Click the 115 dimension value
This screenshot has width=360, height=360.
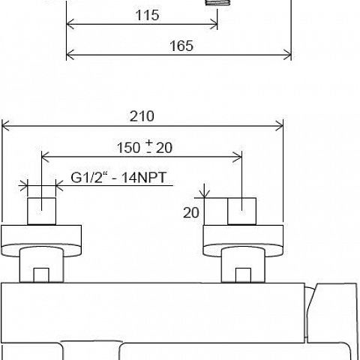click(147, 15)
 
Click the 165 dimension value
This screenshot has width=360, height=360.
click(181, 46)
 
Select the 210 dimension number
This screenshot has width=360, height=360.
click(142, 116)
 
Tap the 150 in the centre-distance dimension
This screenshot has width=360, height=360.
click(128, 148)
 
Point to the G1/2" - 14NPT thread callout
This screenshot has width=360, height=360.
click(118, 178)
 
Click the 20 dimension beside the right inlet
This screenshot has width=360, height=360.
click(191, 213)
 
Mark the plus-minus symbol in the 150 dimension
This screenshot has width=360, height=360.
click(149, 146)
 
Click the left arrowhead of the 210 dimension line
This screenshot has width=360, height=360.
click(5, 126)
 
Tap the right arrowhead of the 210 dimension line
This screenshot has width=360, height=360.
click(279, 126)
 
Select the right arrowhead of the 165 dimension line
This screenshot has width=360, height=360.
click(287, 55)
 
